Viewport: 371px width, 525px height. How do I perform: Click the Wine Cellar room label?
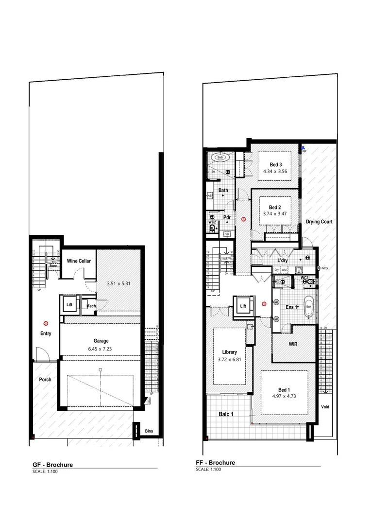point(79,261)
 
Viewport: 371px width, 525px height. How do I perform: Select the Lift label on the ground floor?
point(69,305)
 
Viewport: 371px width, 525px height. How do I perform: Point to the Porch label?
point(45,380)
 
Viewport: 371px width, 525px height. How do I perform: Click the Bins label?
point(149,431)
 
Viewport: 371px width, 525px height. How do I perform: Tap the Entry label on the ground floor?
point(46,333)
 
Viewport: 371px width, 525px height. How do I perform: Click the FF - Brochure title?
point(215,462)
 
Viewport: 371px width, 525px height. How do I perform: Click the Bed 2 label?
point(275,207)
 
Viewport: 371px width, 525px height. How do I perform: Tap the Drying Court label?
point(319,222)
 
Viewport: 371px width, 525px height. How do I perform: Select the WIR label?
point(292,344)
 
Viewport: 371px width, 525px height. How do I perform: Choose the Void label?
point(325,407)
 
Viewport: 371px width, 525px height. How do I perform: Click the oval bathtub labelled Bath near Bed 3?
point(220,157)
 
